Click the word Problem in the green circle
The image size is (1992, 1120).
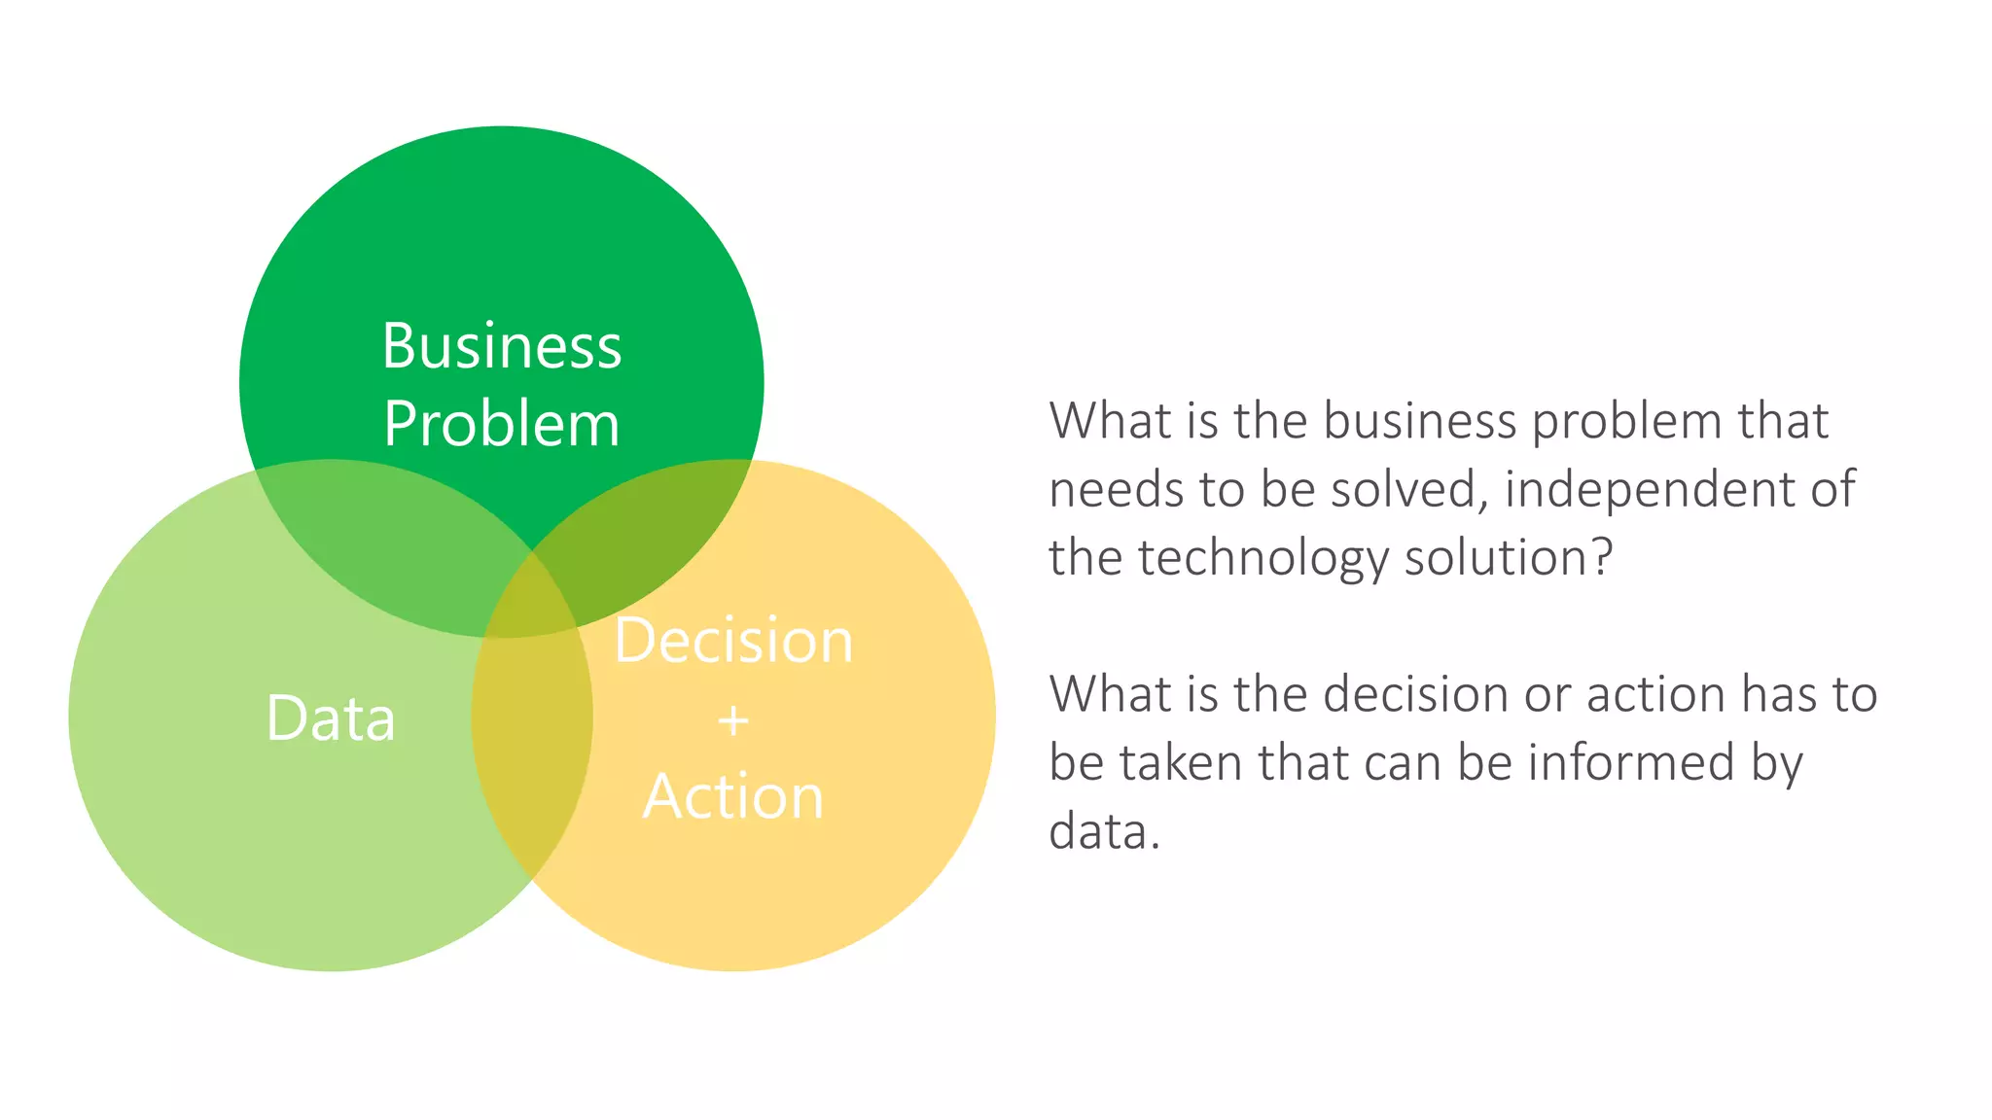[501, 424]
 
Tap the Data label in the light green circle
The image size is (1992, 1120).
[331, 718]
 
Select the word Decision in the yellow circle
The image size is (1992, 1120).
[733, 641]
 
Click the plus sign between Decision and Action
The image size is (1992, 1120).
[733, 720]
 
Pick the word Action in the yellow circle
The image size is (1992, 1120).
[733, 797]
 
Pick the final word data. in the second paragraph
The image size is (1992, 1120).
[1104, 832]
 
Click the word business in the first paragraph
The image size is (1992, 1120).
[1419, 421]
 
